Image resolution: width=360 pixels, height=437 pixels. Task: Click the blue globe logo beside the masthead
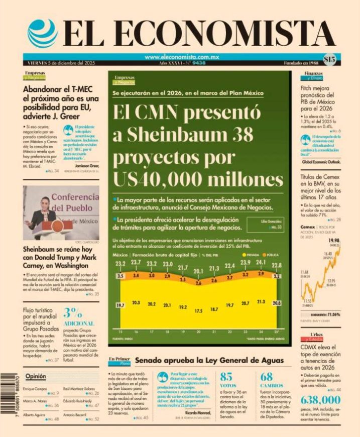click(43, 34)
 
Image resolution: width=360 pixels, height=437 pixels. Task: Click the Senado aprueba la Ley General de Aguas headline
click(209, 360)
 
